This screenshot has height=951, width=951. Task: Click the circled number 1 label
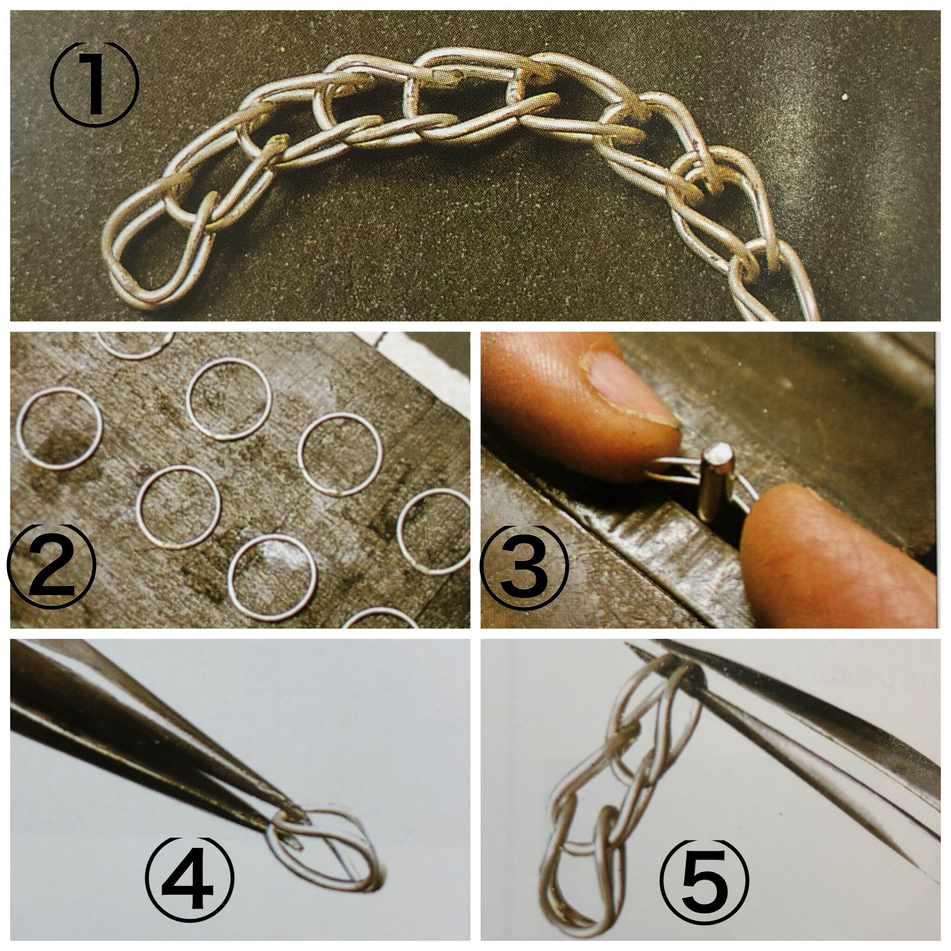point(95,84)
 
